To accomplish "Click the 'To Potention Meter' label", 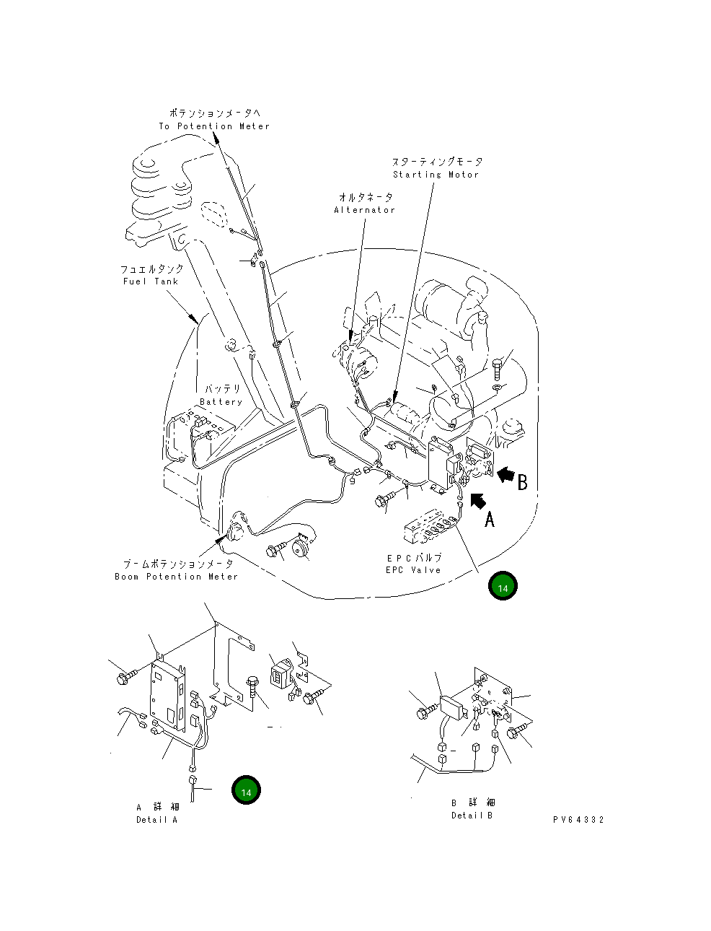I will coord(214,126).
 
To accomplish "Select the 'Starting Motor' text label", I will coord(436,175).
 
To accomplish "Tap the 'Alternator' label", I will coord(364,210).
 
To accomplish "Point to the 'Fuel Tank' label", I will coord(150,281).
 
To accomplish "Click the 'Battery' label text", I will coord(221,402).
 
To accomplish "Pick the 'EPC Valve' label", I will coord(413,570).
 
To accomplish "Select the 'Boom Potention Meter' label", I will coord(176,577).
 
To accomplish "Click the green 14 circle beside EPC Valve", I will coord(503,587).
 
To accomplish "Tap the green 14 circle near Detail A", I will coord(246,791).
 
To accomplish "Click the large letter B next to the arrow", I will coord(523,482).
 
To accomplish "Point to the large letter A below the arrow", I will coord(490,519).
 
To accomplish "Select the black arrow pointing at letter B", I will coord(506,474).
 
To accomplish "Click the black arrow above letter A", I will coord(478,500).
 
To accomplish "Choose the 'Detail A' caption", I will coord(156,819).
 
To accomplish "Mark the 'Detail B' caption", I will coord(472,815).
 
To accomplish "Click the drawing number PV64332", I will coord(578,820).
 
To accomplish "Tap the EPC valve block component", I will coord(430,530).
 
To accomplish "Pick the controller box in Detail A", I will coord(167,695).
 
